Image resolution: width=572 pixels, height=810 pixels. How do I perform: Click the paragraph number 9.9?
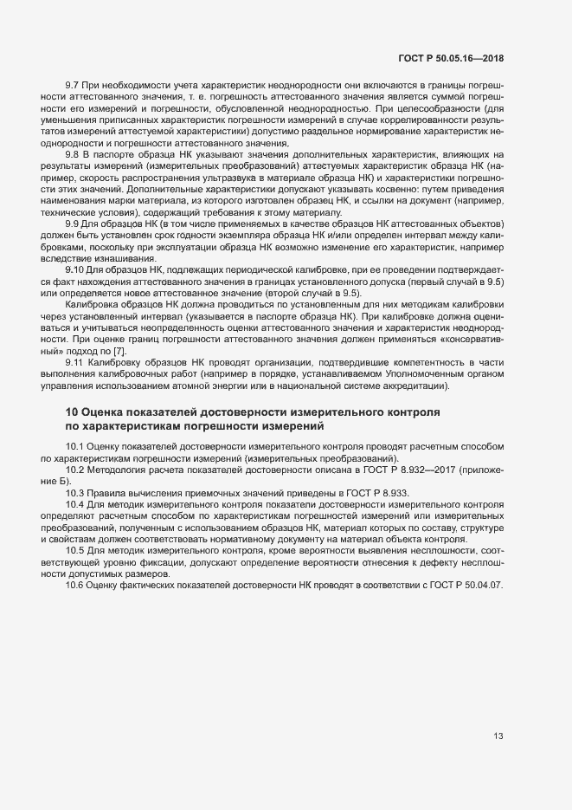[73, 224]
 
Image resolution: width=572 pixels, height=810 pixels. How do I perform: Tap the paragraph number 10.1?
[76, 445]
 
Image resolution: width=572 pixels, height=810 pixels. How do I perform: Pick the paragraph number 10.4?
[76, 503]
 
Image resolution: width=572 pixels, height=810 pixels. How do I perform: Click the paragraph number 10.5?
[76, 550]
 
